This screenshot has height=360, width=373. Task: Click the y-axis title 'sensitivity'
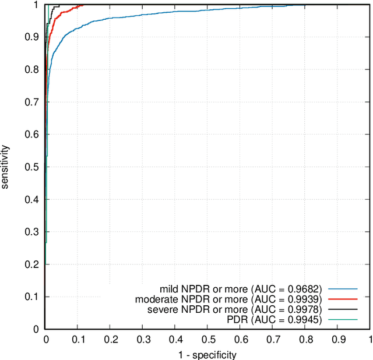click(x=5, y=167)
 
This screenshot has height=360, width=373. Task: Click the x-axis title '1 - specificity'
click(x=207, y=354)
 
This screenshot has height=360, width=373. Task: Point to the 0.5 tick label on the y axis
click(x=33, y=167)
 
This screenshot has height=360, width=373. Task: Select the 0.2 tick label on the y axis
click(x=33, y=264)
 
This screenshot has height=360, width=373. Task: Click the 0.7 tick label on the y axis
click(x=33, y=102)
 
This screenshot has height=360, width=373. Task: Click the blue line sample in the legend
click(x=342, y=288)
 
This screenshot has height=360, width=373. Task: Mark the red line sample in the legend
click(x=342, y=299)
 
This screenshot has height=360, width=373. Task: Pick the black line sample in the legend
click(x=342, y=309)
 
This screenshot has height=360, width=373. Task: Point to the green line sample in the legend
click(x=342, y=320)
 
